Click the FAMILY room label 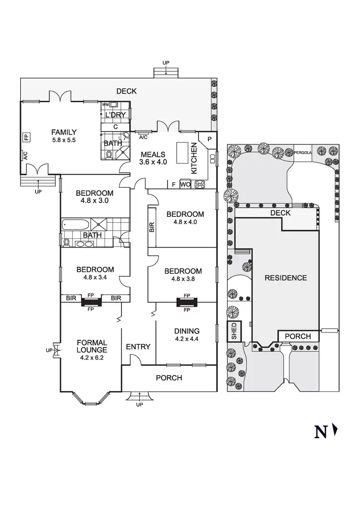tap(64, 132)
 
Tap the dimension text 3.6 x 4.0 tap(153, 162)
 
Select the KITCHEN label tap(194, 158)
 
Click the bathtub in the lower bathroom tap(76, 225)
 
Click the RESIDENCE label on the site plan tap(286, 278)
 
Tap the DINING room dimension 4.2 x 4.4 tap(187, 339)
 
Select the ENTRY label tap(138, 347)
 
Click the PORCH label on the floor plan tap(169, 378)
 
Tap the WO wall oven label tap(185, 184)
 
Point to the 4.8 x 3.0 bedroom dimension tap(95, 201)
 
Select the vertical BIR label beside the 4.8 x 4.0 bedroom tap(152, 227)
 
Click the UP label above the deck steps tap(166, 63)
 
